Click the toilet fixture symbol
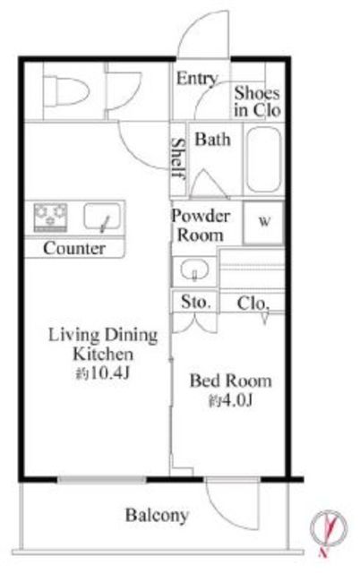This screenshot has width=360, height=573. pos(67,90)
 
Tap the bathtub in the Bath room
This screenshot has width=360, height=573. pos(264,159)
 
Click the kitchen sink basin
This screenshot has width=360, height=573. pos(102,217)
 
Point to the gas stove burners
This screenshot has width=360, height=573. pos(50,217)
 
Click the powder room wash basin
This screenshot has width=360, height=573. pos(195,270)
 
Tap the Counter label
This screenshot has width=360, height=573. pos(74,249)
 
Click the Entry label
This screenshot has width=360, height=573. pos(197,79)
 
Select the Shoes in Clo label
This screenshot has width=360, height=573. pos(257,101)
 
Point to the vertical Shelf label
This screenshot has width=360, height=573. pos(178,158)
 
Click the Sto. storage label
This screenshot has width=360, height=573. pos(196,303)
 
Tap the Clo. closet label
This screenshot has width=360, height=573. pos(253,303)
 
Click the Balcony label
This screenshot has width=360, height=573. pos(157,516)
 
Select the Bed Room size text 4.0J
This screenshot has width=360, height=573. pos(231,401)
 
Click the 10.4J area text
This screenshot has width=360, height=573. pos(103,373)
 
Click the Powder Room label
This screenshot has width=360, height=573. pos(201,226)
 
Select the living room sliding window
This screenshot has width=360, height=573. pos(102,480)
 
